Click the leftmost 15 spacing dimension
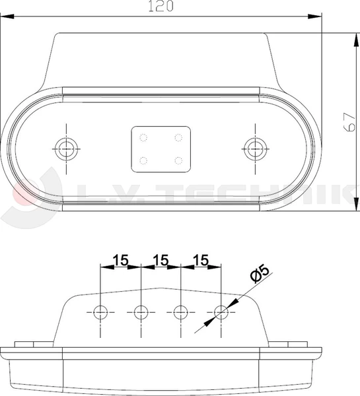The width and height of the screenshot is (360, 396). click(120, 260)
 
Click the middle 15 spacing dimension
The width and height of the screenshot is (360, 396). click(161, 260)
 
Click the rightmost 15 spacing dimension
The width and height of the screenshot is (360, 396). click(201, 260)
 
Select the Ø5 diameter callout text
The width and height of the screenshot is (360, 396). click(260, 273)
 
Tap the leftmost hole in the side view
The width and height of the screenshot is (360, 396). click(101, 311)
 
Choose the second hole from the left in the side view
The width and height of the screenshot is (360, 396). click(141, 311)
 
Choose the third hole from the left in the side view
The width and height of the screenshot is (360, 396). click(180, 311)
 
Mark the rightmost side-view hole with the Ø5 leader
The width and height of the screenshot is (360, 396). click(220, 311)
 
